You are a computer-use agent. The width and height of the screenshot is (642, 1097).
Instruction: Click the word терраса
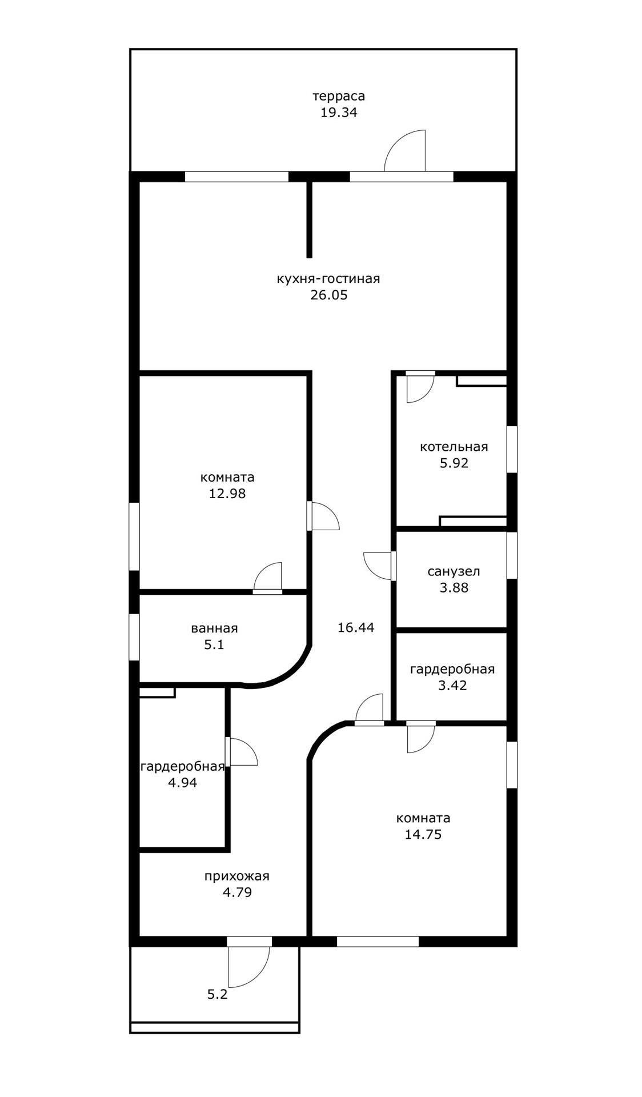point(339,96)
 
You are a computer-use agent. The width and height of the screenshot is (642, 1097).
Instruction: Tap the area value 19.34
point(339,112)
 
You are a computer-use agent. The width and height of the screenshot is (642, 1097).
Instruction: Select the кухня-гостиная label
point(328,279)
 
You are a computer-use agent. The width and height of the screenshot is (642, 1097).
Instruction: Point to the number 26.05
point(328,295)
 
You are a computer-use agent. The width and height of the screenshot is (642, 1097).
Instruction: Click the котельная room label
point(454,447)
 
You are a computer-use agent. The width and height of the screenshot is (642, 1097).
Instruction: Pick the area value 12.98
point(227,493)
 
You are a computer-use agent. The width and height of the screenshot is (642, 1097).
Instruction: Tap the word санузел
point(454,571)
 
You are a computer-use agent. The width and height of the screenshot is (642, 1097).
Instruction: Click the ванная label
point(214,628)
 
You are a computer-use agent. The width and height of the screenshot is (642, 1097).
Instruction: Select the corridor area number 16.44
point(356,627)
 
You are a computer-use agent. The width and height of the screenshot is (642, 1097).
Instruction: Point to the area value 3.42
point(452,685)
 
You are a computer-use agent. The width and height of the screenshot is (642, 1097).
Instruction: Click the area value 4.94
point(183,783)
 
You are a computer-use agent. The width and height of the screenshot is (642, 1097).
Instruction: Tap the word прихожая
point(237,876)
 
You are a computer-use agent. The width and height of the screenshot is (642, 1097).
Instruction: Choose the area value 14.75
point(423,834)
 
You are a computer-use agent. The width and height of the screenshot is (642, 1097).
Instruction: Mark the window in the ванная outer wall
point(134,637)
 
